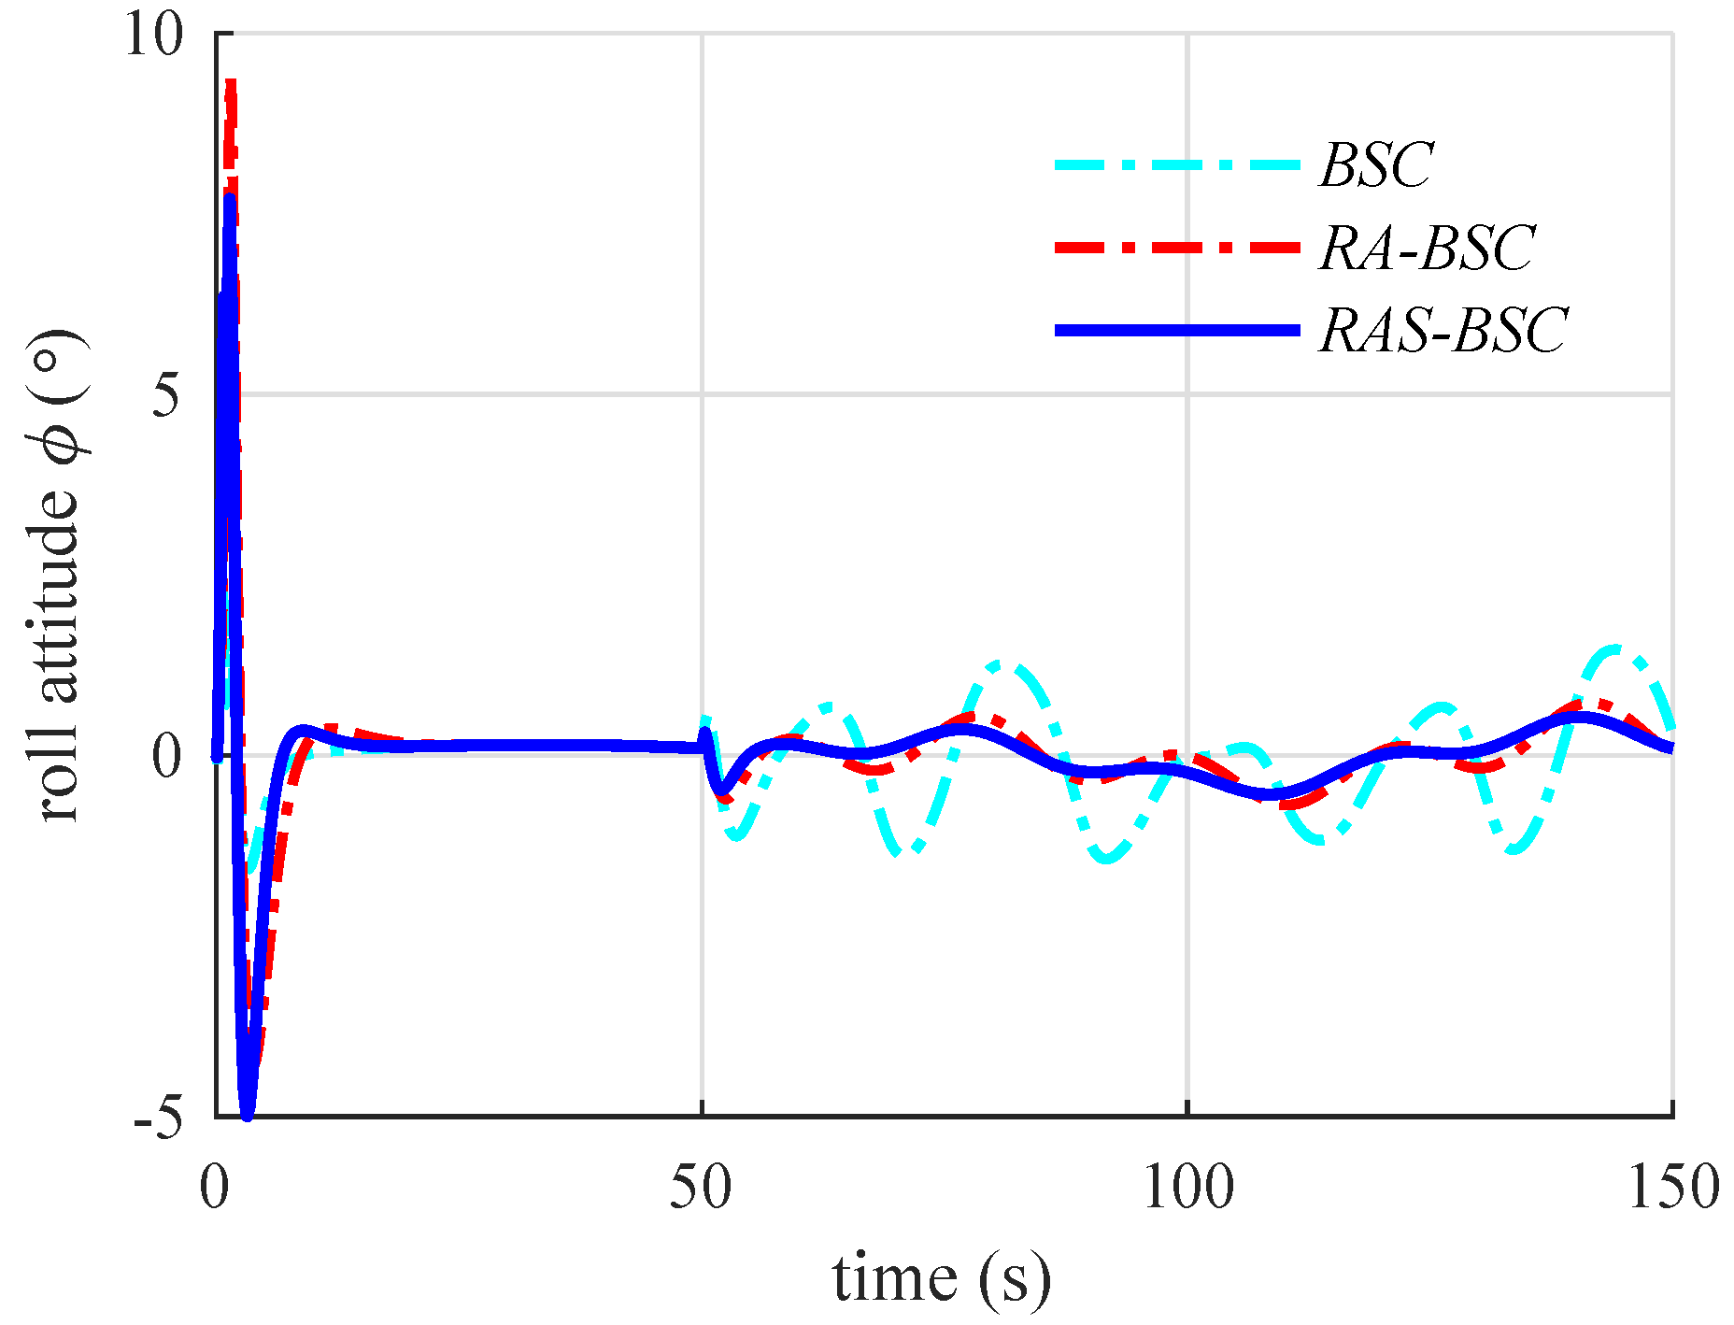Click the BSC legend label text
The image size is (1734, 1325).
coord(1375,165)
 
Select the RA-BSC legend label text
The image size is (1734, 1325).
coord(1426,248)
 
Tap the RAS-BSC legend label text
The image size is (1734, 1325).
coord(1443,330)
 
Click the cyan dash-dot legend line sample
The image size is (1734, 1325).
coord(1177,165)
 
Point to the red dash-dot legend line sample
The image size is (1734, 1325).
coord(1177,248)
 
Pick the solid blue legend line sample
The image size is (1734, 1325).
coord(1177,330)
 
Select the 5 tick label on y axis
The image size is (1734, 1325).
coord(166,396)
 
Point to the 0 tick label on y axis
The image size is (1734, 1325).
coord(166,757)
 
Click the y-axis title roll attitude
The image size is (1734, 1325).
coord(61,575)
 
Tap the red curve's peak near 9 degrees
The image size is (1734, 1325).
coord(230,84)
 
